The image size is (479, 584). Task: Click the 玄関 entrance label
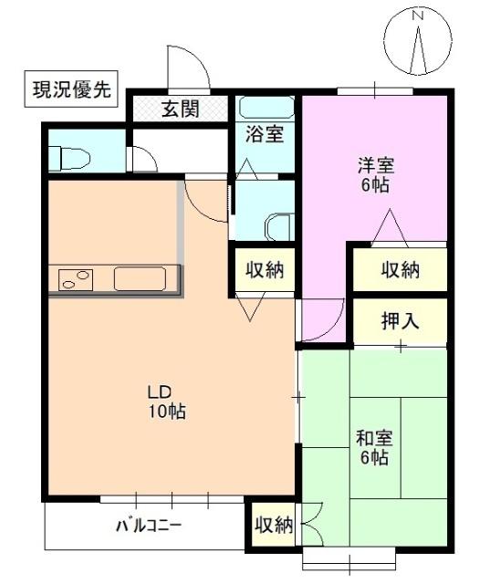click(181, 110)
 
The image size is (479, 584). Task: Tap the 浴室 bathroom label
click(265, 135)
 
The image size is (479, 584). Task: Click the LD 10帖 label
click(167, 401)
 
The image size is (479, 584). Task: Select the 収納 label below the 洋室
click(400, 269)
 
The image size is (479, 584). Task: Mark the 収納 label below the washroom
click(264, 269)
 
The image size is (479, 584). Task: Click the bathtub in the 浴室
click(265, 108)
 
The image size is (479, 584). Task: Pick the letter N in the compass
click(419, 16)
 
